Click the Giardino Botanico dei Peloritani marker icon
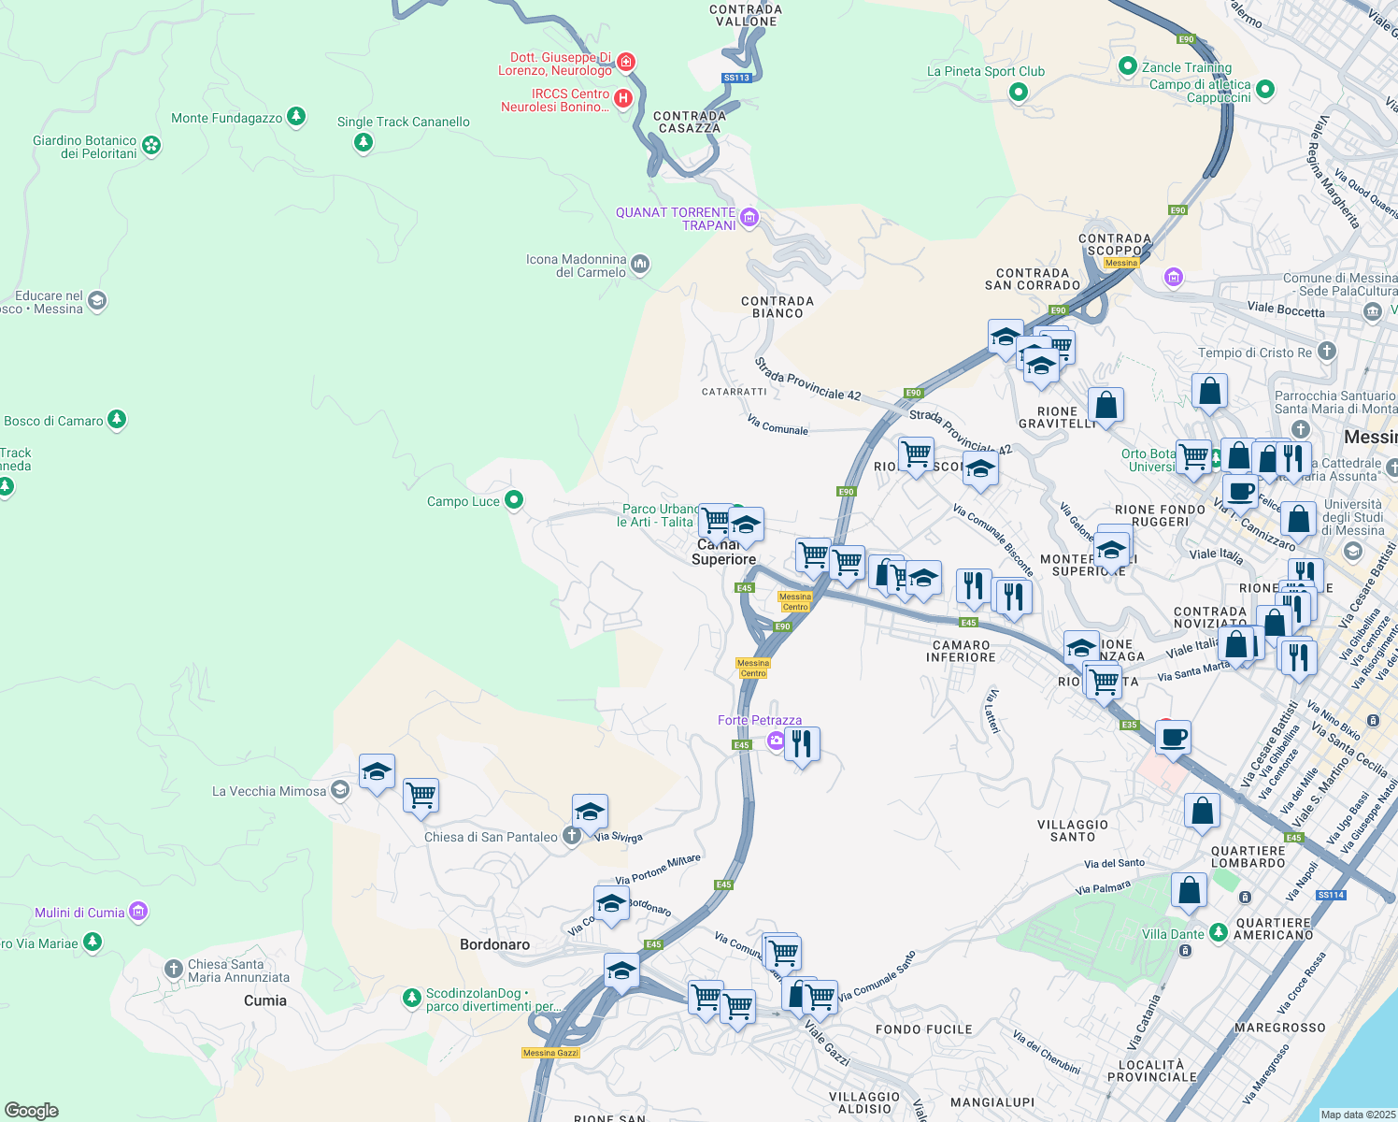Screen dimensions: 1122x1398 [x=151, y=145]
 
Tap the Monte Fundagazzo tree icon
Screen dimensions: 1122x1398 [x=296, y=117]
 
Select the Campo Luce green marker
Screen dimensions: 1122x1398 [x=513, y=500]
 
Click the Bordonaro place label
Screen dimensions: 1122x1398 [x=494, y=944]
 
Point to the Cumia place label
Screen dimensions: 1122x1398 [x=265, y=1000]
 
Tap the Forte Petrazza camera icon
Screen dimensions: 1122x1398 [x=776, y=741]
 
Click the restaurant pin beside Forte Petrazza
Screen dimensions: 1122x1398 [x=802, y=745]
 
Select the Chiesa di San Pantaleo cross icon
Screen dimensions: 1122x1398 [x=571, y=836]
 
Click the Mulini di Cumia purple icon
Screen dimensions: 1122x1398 [x=138, y=912]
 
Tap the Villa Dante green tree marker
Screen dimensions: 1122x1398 [x=1218, y=932]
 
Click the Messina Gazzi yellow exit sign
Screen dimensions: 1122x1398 [x=550, y=1053]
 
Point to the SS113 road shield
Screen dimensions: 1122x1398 [x=736, y=78]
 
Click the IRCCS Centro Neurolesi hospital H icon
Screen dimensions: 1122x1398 [x=623, y=98]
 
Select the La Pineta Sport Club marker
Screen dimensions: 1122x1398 [x=1019, y=92]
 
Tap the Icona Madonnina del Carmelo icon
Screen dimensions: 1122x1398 [x=640, y=265]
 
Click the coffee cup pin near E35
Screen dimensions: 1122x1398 [x=1173, y=737]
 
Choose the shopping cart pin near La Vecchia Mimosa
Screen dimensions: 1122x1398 [x=421, y=796]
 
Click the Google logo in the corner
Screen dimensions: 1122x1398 [x=32, y=1110]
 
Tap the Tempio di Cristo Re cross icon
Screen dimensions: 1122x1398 [x=1327, y=352]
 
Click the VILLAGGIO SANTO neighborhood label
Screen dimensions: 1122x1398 [x=1073, y=830]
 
